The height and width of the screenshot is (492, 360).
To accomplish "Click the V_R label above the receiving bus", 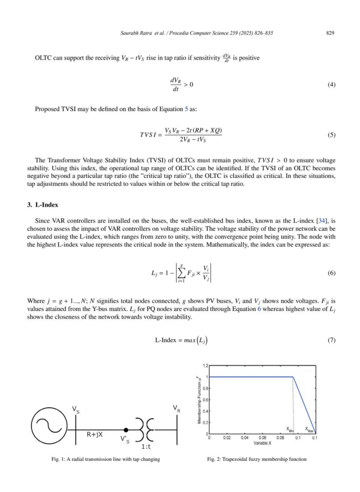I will (177, 408).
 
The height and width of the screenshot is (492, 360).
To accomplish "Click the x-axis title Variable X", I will (262, 443).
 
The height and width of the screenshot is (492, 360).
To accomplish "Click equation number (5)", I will (331, 135).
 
